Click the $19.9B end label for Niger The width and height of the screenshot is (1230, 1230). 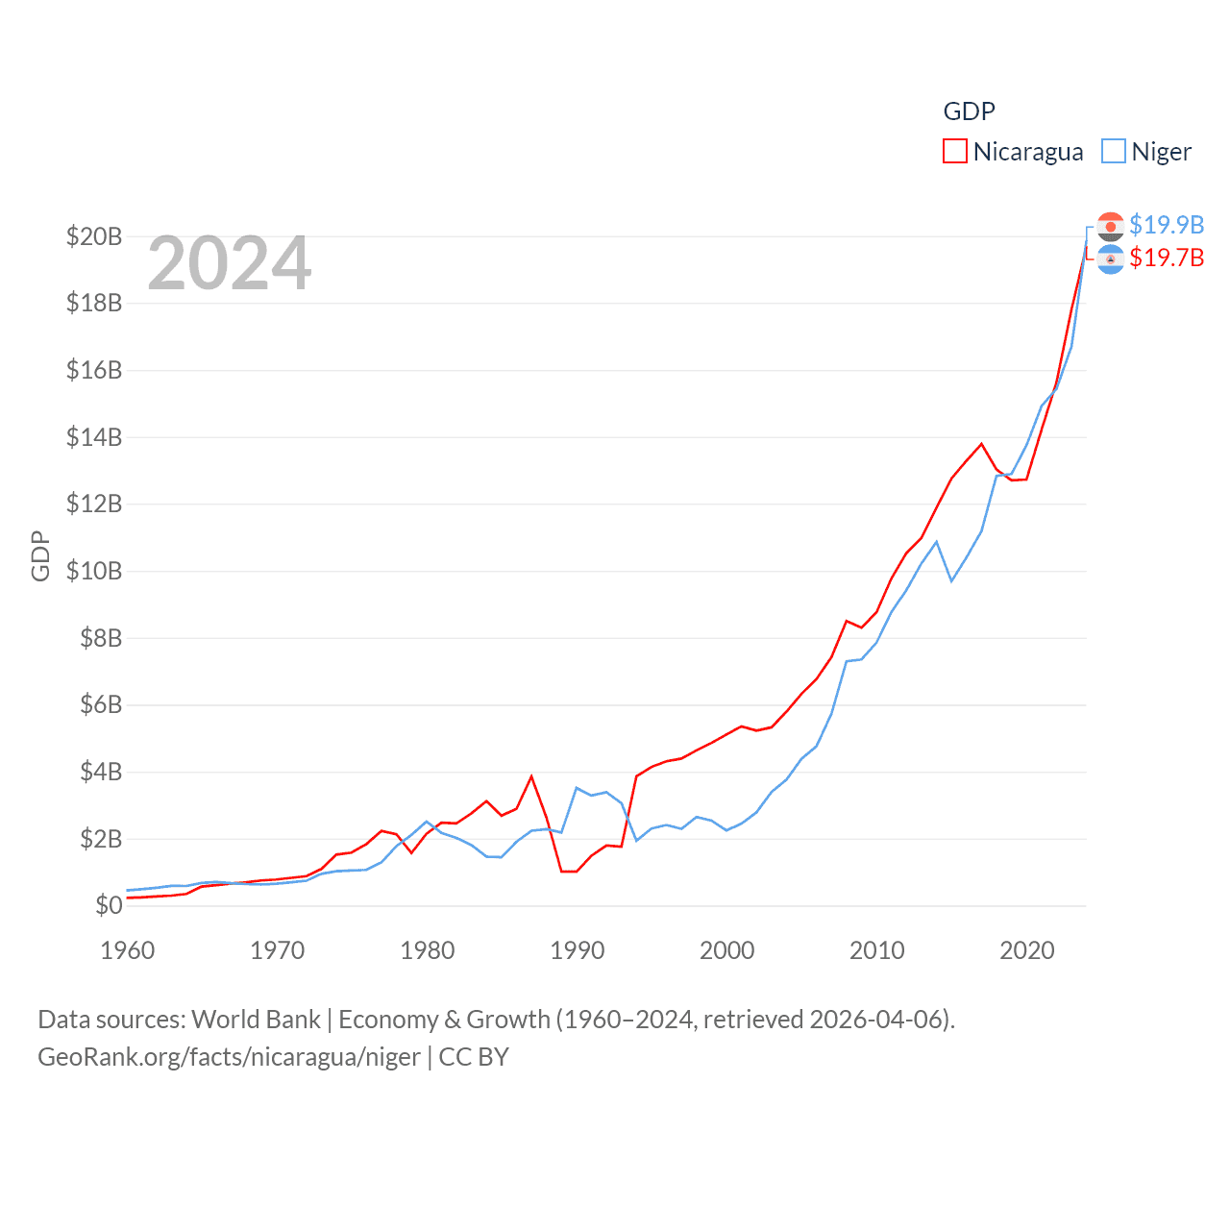click(1166, 225)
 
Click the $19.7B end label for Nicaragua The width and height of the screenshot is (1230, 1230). click(1166, 258)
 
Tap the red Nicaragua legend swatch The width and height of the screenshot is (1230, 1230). click(954, 152)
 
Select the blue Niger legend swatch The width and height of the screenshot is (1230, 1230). click(1113, 152)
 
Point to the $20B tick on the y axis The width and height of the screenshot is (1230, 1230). click(94, 236)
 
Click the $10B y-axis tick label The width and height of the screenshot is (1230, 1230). click(94, 571)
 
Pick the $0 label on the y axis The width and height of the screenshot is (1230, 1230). click(109, 905)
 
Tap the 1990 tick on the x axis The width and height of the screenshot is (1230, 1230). click(578, 950)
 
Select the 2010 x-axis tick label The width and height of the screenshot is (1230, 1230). click(877, 950)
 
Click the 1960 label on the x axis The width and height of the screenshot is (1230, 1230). click(128, 950)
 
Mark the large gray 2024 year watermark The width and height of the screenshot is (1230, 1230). click(230, 263)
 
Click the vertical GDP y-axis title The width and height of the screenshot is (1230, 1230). click(40, 555)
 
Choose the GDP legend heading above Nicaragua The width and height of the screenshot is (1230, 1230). click(969, 111)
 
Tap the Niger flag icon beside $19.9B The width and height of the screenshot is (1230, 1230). click(1110, 226)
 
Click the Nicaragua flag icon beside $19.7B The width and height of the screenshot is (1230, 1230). click(1110, 258)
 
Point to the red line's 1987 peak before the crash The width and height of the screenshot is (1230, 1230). click(531, 776)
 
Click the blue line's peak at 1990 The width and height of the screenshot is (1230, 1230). click(577, 788)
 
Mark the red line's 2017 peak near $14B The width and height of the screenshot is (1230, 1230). click(981, 444)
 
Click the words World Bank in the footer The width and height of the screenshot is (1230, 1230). click(256, 1019)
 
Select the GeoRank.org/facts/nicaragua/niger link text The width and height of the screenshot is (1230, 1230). click(229, 1057)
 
